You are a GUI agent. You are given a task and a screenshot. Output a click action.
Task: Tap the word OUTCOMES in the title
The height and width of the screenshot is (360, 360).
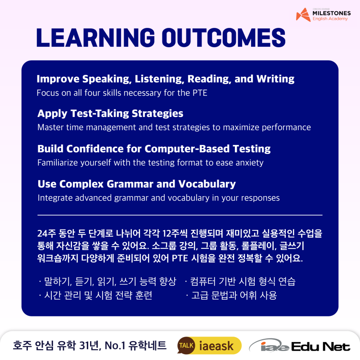(224, 38)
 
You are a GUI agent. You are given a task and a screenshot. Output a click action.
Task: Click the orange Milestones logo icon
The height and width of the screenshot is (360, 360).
(303, 15)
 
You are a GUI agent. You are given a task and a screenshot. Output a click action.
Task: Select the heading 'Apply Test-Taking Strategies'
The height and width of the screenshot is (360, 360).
(110, 114)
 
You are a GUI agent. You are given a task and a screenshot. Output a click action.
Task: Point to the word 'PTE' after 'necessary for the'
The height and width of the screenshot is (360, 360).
(200, 93)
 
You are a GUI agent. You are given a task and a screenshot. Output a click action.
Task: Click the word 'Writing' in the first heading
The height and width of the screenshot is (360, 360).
(275, 79)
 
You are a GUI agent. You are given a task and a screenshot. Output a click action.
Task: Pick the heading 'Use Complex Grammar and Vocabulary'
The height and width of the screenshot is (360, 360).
(137, 184)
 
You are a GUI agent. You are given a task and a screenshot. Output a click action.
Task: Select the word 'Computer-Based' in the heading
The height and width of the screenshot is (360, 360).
(187, 149)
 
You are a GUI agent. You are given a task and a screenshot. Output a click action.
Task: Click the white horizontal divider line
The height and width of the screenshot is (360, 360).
(180, 215)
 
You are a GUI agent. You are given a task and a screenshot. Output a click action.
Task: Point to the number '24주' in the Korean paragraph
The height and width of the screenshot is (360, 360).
(47, 233)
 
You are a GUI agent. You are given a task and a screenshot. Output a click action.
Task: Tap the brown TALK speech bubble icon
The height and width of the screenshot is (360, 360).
(186, 346)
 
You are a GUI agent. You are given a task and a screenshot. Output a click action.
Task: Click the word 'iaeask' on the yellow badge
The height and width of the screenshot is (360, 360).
(216, 346)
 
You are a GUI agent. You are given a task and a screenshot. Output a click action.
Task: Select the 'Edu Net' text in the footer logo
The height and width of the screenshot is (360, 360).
(321, 346)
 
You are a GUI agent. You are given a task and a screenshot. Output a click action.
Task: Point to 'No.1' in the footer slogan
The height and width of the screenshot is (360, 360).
(115, 345)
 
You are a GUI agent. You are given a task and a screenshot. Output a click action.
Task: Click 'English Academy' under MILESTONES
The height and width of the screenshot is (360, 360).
(330, 19)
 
